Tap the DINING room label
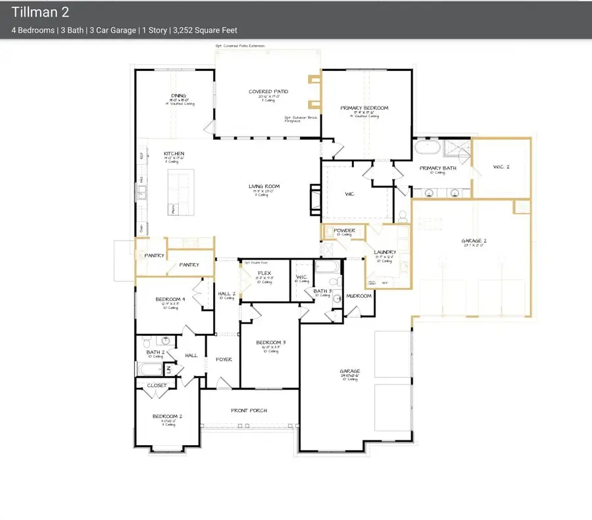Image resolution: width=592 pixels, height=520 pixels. coord(178,95)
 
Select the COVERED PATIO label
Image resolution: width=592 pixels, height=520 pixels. coord(268,92)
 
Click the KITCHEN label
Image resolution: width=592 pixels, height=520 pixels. coord(174,154)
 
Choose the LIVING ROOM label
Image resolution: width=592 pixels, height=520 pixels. coord(263,187)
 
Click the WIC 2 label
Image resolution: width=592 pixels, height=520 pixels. coord(501,167)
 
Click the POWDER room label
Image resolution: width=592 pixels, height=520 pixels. coord(344,231)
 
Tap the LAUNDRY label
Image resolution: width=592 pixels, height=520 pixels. coord(383,252)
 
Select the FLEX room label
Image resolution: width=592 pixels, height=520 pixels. coord(263,272)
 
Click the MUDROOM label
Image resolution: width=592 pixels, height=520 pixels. coord(358,296)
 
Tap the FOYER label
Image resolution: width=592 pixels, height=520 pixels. coord(224,360)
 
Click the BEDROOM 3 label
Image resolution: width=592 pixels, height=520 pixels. coord(270,343)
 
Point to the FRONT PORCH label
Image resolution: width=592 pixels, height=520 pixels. coord(249,410)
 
